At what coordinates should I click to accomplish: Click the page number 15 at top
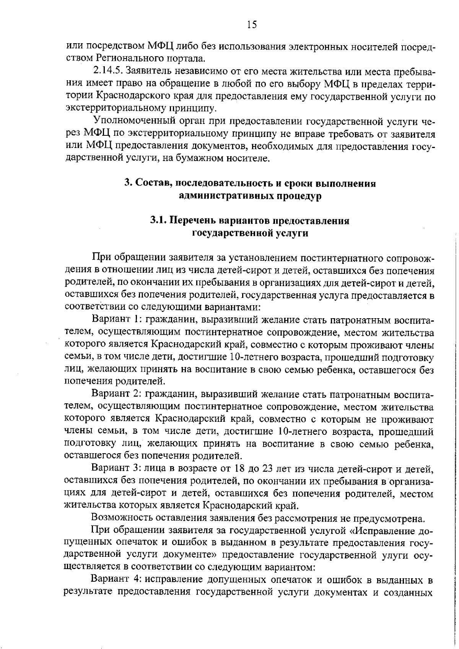(252, 25)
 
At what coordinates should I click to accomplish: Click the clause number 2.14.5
(108, 71)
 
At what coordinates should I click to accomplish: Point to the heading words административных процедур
(251, 196)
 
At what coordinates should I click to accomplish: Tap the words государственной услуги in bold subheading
(250, 233)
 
